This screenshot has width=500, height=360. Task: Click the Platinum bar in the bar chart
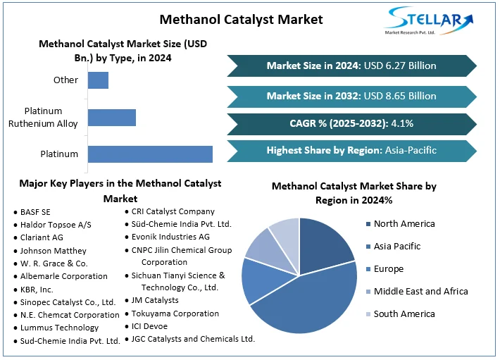point(150,154)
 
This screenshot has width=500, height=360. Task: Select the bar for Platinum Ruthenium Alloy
point(112,118)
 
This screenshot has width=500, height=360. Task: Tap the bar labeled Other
point(98,80)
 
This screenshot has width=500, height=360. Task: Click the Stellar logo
point(429,20)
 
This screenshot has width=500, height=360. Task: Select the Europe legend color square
point(368,269)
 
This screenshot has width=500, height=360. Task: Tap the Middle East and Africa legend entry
point(417,292)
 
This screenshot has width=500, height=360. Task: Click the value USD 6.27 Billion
point(400,66)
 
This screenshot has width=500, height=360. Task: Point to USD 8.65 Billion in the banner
point(400,96)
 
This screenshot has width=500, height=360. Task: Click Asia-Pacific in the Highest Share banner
point(411,150)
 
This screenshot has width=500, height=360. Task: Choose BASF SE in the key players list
point(35,212)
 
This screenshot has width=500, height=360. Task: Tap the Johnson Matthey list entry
point(54,251)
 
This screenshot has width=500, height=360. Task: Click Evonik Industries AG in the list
point(170,237)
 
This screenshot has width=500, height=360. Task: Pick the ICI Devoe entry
point(149,326)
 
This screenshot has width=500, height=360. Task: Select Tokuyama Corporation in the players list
point(175,314)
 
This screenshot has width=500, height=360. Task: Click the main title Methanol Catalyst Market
point(241,20)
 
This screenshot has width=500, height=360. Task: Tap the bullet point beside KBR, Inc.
point(15,290)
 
